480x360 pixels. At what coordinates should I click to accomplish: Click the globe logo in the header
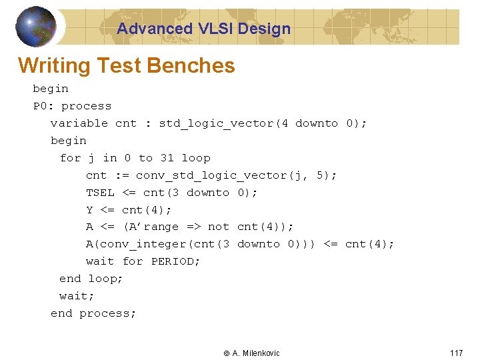36,26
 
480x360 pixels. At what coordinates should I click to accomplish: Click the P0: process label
72,106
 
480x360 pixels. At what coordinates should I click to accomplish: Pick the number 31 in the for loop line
167,158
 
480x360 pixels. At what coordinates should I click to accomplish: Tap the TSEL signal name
100,193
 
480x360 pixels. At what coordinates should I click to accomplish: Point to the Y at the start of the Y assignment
89,210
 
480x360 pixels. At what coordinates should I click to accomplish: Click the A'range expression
151,227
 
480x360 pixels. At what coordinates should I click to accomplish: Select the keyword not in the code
218,227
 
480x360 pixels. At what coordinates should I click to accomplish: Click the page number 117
456,353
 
